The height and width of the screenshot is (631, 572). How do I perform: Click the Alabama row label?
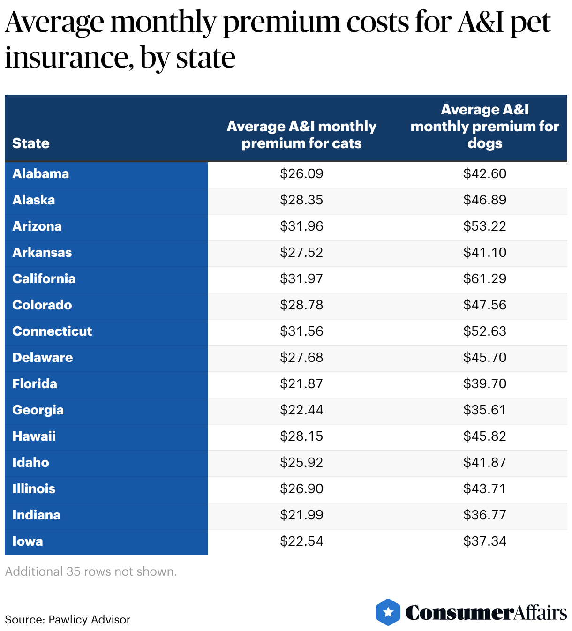[x=41, y=174]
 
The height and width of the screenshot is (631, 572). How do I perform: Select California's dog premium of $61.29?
[x=485, y=279]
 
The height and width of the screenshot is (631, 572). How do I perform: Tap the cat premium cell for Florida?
[x=301, y=384]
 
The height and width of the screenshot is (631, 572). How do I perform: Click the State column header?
[x=31, y=143]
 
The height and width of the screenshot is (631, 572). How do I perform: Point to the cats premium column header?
[x=301, y=135]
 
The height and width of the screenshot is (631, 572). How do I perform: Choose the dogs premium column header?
[x=485, y=127]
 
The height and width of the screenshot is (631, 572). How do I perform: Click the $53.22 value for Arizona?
[x=485, y=226]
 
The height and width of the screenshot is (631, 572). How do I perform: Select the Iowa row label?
[x=28, y=541]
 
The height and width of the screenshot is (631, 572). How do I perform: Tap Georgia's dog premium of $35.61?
[x=485, y=410]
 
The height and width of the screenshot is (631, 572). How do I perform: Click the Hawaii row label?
[x=34, y=436]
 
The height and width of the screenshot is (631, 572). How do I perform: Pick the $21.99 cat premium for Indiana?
[x=301, y=515]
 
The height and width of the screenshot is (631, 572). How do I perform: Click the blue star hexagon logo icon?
[x=388, y=612]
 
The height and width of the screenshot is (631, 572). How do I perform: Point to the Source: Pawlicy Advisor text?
[x=68, y=620]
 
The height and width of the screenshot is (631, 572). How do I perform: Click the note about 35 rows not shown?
[x=91, y=571]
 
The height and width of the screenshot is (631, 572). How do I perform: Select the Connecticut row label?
[x=52, y=331]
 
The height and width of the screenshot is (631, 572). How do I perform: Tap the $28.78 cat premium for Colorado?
[x=301, y=305]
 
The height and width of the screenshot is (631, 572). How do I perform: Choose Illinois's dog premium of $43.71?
[x=485, y=489]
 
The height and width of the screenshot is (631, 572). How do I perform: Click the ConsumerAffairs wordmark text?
[x=486, y=613]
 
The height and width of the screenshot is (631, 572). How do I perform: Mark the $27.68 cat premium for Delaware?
[x=301, y=358]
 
